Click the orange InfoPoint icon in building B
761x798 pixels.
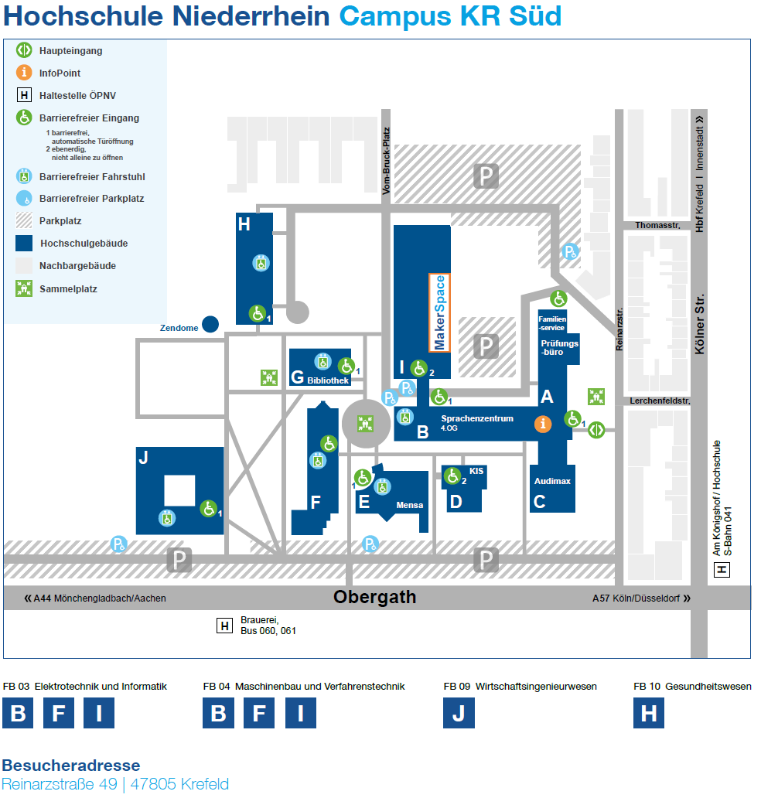click(544, 424)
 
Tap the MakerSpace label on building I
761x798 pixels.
click(440, 312)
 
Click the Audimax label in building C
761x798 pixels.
click(552, 481)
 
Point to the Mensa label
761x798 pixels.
click(409, 505)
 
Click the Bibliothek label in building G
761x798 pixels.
click(328, 380)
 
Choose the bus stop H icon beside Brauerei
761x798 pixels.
click(224, 626)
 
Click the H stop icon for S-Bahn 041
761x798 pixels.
click(722, 570)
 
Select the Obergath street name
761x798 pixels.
click(374, 598)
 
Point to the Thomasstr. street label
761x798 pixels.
click(657, 225)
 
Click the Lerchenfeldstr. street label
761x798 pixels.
click(660, 401)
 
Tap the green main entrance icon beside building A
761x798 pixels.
click(595, 430)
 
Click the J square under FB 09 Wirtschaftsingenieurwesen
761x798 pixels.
click(459, 713)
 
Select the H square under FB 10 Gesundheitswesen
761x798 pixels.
click(649, 713)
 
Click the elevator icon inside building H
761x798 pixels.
click(261, 263)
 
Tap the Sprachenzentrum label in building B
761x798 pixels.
click(477, 418)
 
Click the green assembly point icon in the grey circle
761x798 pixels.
click(365, 424)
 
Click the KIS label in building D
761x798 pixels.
click(476, 470)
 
